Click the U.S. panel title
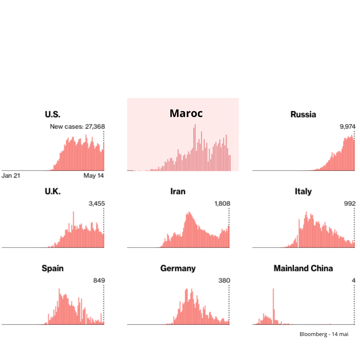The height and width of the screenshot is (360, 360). point(53,114)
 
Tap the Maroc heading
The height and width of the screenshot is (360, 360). point(186,113)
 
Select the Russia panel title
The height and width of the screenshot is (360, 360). point(303,114)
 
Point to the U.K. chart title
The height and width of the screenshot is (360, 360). point(53,191)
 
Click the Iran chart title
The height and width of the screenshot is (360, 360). point(178,191)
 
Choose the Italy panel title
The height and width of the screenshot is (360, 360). point(303,191)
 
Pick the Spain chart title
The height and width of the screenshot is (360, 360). point(53,268)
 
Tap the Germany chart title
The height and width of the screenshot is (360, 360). point(178,268)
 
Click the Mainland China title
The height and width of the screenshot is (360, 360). point(303,268)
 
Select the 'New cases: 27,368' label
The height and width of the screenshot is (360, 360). point(77,127)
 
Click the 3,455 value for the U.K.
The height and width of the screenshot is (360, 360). point(97,203)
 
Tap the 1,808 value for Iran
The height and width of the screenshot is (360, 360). point(222,203)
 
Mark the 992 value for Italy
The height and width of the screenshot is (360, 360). point(350,203)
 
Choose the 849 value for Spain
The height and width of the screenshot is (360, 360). point(99,280)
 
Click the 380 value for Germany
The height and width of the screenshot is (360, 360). point(224,280)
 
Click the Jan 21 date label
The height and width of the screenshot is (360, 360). point(11,176)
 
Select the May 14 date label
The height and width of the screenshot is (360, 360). point(94,176)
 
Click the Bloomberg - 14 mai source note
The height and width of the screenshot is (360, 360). point(324,334)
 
